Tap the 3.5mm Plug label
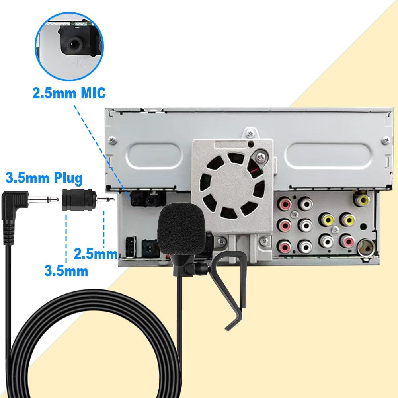44,178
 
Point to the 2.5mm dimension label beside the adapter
96,254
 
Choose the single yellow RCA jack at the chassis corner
362,199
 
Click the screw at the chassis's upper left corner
113,140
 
